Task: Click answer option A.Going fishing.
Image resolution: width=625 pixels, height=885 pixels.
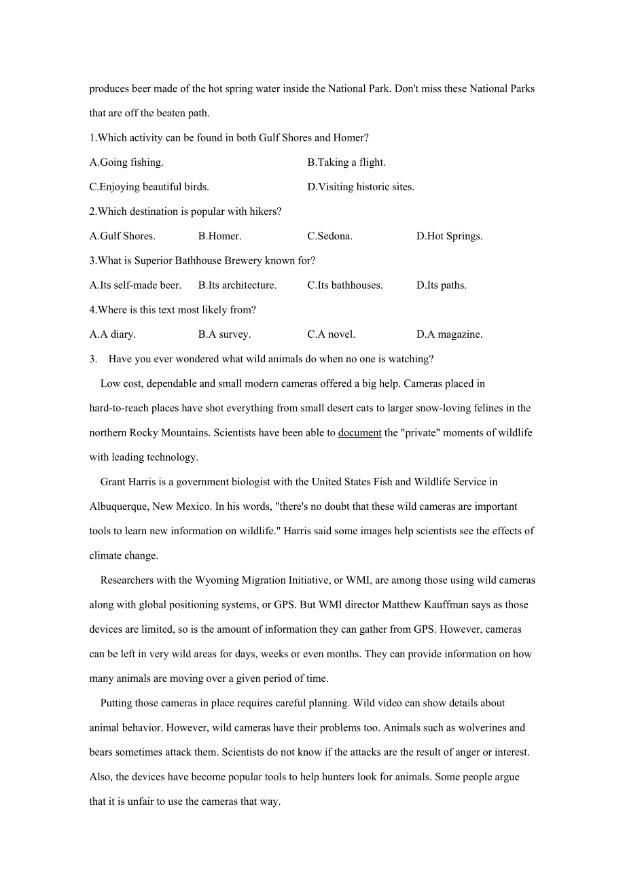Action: coord(126,162)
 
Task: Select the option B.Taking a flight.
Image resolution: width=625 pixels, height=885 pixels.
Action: coord(346,162)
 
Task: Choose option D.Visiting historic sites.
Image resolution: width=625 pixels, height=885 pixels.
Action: coord(361,187)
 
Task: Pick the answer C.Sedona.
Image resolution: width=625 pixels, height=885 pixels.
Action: coord(329,237)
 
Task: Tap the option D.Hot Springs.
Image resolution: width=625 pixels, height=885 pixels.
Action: coord(449,237)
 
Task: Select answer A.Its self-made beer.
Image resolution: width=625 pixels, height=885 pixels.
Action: coord(135,285)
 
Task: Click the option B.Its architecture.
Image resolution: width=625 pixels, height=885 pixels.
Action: coord(237,285)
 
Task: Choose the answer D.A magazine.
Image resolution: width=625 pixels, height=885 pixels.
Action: coord(449,334)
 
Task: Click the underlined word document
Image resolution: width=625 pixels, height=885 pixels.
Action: coord(359,433)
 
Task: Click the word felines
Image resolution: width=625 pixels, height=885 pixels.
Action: coord(500,409)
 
